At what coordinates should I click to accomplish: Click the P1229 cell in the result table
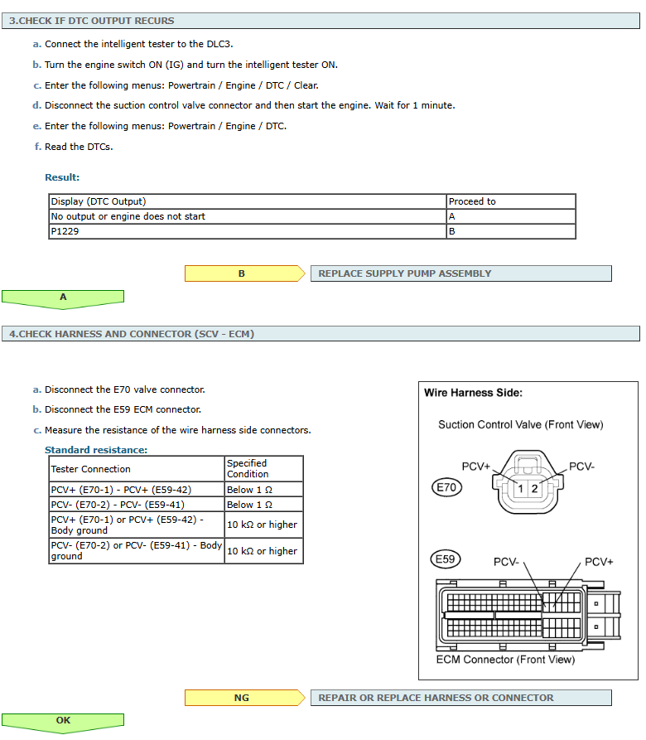[x=247, y=232]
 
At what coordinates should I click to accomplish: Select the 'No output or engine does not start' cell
[x=247, y=216]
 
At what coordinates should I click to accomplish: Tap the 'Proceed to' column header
[x=510, y=201]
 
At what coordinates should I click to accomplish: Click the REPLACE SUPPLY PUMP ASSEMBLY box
[x=460, y=273]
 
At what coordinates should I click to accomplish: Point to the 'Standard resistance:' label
[x=96, y=450]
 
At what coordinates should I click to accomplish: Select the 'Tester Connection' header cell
[x=137, y=469]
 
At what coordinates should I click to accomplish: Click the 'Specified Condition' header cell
[x=263, y=469]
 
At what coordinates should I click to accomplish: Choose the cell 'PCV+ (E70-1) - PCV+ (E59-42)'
[x=137, y=490]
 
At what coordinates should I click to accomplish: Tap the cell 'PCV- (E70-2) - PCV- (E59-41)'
[x=137, y=505]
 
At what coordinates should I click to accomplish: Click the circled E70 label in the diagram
[x=447, y=488]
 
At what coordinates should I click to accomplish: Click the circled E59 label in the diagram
[x=447, y=560]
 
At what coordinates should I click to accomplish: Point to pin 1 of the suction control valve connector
[x=520, y=489]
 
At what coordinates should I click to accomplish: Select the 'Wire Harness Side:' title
[x=473, y=394]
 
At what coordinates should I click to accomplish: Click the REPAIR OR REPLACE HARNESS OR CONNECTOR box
[x=460, y=698]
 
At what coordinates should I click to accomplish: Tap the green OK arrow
[x=63, y=721]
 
